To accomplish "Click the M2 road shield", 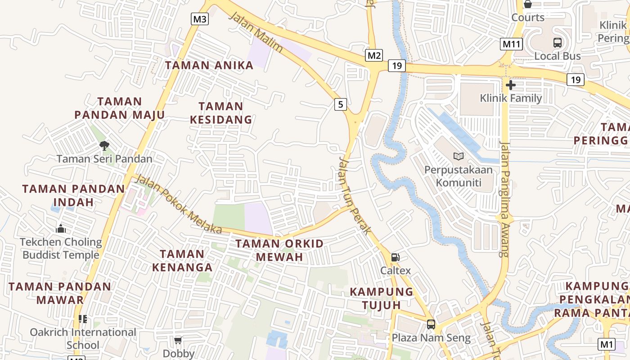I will tap(374, 55).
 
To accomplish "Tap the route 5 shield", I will tap(341, 104).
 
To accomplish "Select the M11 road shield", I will tap(511, 44).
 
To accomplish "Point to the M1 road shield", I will tap(607, 344).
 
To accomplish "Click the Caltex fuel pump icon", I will tap(396, 257).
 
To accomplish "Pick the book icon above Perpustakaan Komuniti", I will tap(459, 156).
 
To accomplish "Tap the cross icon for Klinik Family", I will tap(511, 85).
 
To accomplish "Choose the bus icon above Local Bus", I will tap(558, 43).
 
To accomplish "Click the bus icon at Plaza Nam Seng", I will tap(431, 324).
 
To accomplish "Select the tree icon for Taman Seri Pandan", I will tap(104, 145).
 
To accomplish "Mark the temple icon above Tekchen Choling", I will tap(61, 229).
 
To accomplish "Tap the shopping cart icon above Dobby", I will tap(178, 340).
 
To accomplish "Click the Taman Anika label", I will tap(209, 65).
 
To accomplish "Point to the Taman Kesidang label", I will tap(221, 113).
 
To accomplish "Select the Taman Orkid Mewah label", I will tap(279, 250).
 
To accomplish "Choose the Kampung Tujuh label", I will tap(382, 298).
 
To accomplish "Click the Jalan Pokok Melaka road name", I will tap(179, 204).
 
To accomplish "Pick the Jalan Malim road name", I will tap(256, 32).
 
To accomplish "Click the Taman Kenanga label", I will tap(182, 261).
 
